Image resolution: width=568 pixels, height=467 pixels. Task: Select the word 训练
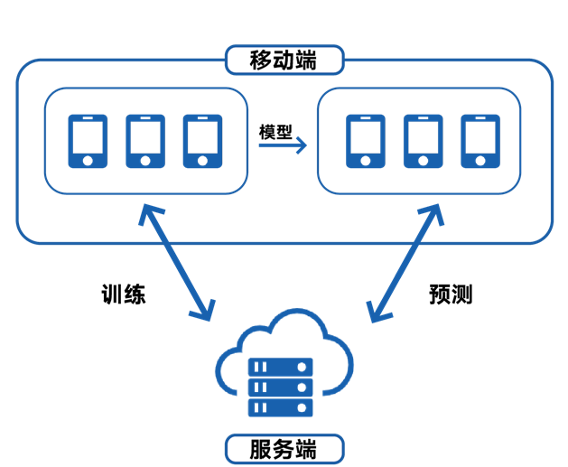(122, 294)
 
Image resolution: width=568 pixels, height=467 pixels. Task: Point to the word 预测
(450, 294)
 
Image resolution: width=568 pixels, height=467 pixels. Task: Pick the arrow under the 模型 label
(283, 145)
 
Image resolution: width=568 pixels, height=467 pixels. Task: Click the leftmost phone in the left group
(88, 141)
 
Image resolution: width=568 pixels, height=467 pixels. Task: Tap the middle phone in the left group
(144, 141)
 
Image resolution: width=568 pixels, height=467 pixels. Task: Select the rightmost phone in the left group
(201, 141)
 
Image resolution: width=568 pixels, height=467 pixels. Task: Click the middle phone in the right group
(423, 141)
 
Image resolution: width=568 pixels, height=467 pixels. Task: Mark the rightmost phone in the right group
(480, 141)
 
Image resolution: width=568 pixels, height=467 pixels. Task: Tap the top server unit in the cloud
(280, 368)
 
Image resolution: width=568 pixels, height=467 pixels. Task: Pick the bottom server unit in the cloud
(280, 407)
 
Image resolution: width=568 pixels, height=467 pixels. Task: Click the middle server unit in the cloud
(280, 388)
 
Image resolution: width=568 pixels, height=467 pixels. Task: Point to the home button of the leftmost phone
(88, 160)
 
